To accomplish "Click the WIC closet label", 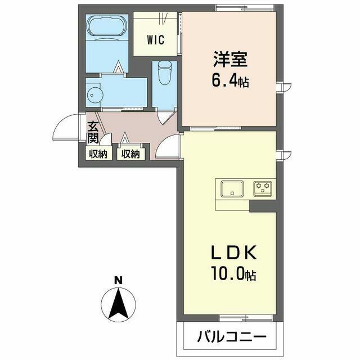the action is (155, 39).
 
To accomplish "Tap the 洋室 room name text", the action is (230, 59).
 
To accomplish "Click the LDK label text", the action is (233, 253).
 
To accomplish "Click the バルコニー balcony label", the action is (232, 337).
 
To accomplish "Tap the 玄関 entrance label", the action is (93, 132).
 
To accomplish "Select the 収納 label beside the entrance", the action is (98, 154).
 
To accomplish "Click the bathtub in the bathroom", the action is (107, 28).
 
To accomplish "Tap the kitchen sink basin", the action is (232, 189).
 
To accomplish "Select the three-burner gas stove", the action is (263, 189).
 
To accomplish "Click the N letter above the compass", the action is (119, 280).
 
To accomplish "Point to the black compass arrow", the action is (119, 304).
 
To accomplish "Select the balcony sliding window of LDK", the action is (245, 318).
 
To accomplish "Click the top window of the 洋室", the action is (245, 8).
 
